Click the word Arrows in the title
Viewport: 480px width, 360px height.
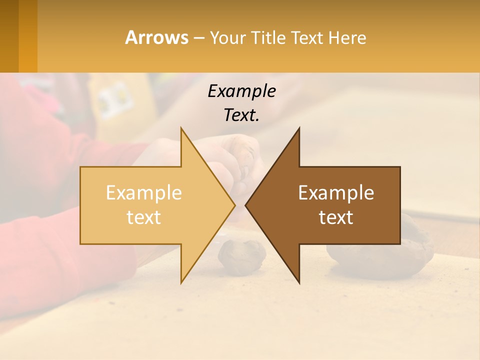click(x=156, y=37)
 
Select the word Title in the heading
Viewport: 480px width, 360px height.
click(x=274, y=38)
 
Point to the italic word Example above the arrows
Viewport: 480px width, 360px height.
click(x=241, y=91)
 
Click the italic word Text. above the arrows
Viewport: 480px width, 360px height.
click(x=241, y=115)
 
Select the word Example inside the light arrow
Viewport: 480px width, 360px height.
click(x=144, y=193)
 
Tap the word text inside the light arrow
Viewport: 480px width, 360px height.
click(x=144, y=217)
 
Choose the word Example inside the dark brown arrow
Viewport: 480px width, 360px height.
click(x=336, y=193)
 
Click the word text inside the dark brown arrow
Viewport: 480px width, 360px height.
click(x=336, y=217)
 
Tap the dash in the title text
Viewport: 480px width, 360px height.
click(x=199, y=38)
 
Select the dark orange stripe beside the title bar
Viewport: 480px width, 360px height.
click(x=28, y=36)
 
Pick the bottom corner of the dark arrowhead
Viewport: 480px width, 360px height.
click(x=299, y=283)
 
